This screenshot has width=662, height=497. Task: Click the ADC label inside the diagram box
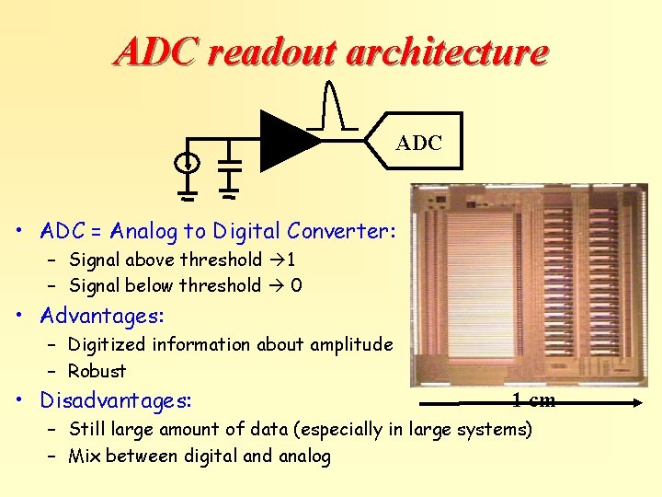(419, 144)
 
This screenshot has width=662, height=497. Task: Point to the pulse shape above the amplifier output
(333, 105)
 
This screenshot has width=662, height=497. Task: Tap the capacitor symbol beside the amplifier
(230, 164)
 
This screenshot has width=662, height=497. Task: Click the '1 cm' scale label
(533, 399)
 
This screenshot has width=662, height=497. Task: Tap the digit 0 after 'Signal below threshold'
(296, 285)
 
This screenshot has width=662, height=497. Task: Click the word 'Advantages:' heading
(102, 316)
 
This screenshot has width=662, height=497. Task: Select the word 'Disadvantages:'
(116, 401)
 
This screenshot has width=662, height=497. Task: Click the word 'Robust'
(97, 371)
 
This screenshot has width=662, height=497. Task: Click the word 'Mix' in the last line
(86, 456)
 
